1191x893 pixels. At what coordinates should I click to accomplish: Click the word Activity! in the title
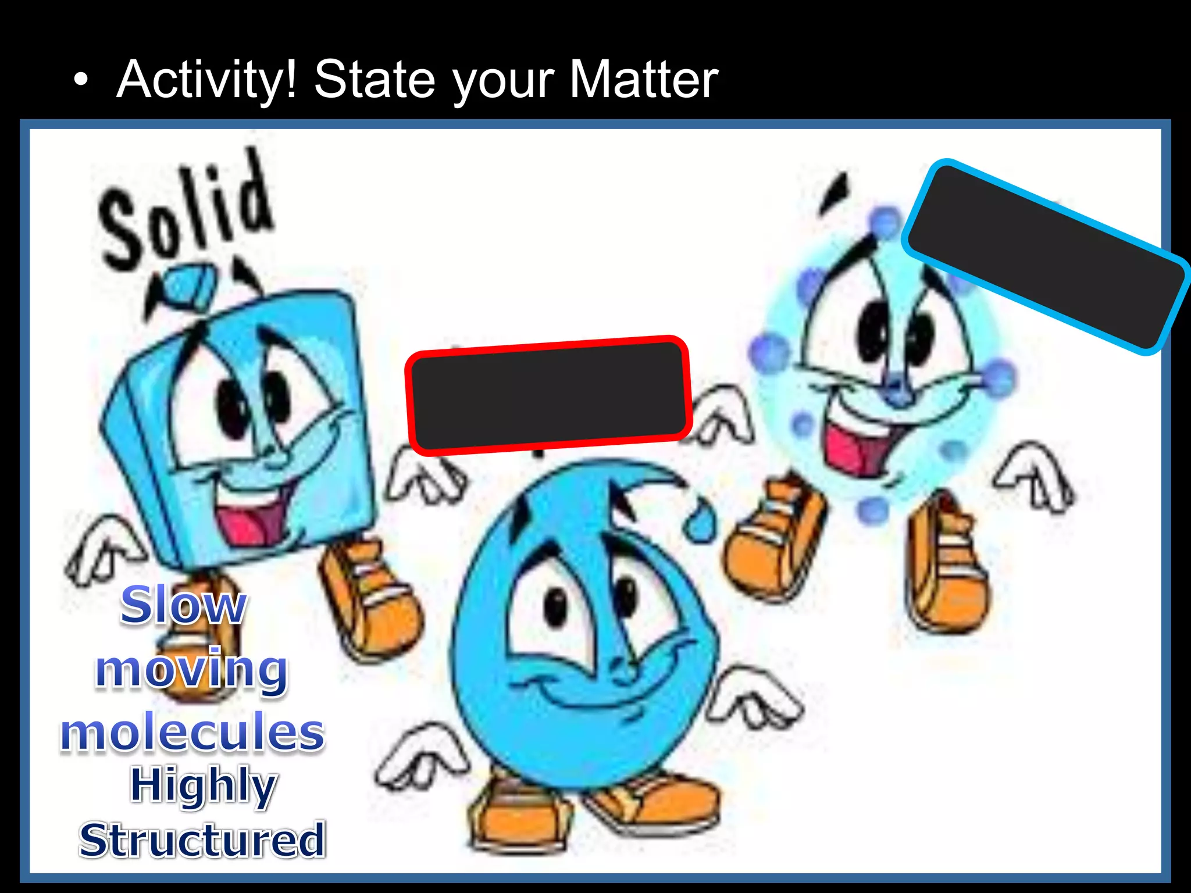click(207, 80)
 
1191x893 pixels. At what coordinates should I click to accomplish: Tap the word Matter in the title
click(643, 80)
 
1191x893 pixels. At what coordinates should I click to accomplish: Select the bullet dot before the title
click(81, 82)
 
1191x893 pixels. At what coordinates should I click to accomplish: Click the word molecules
click(192, 732)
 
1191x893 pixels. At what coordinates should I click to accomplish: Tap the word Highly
click(203, 785)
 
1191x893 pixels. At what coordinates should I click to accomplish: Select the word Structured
click(202, 840)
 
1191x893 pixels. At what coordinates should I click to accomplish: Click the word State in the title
click(375, 80)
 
